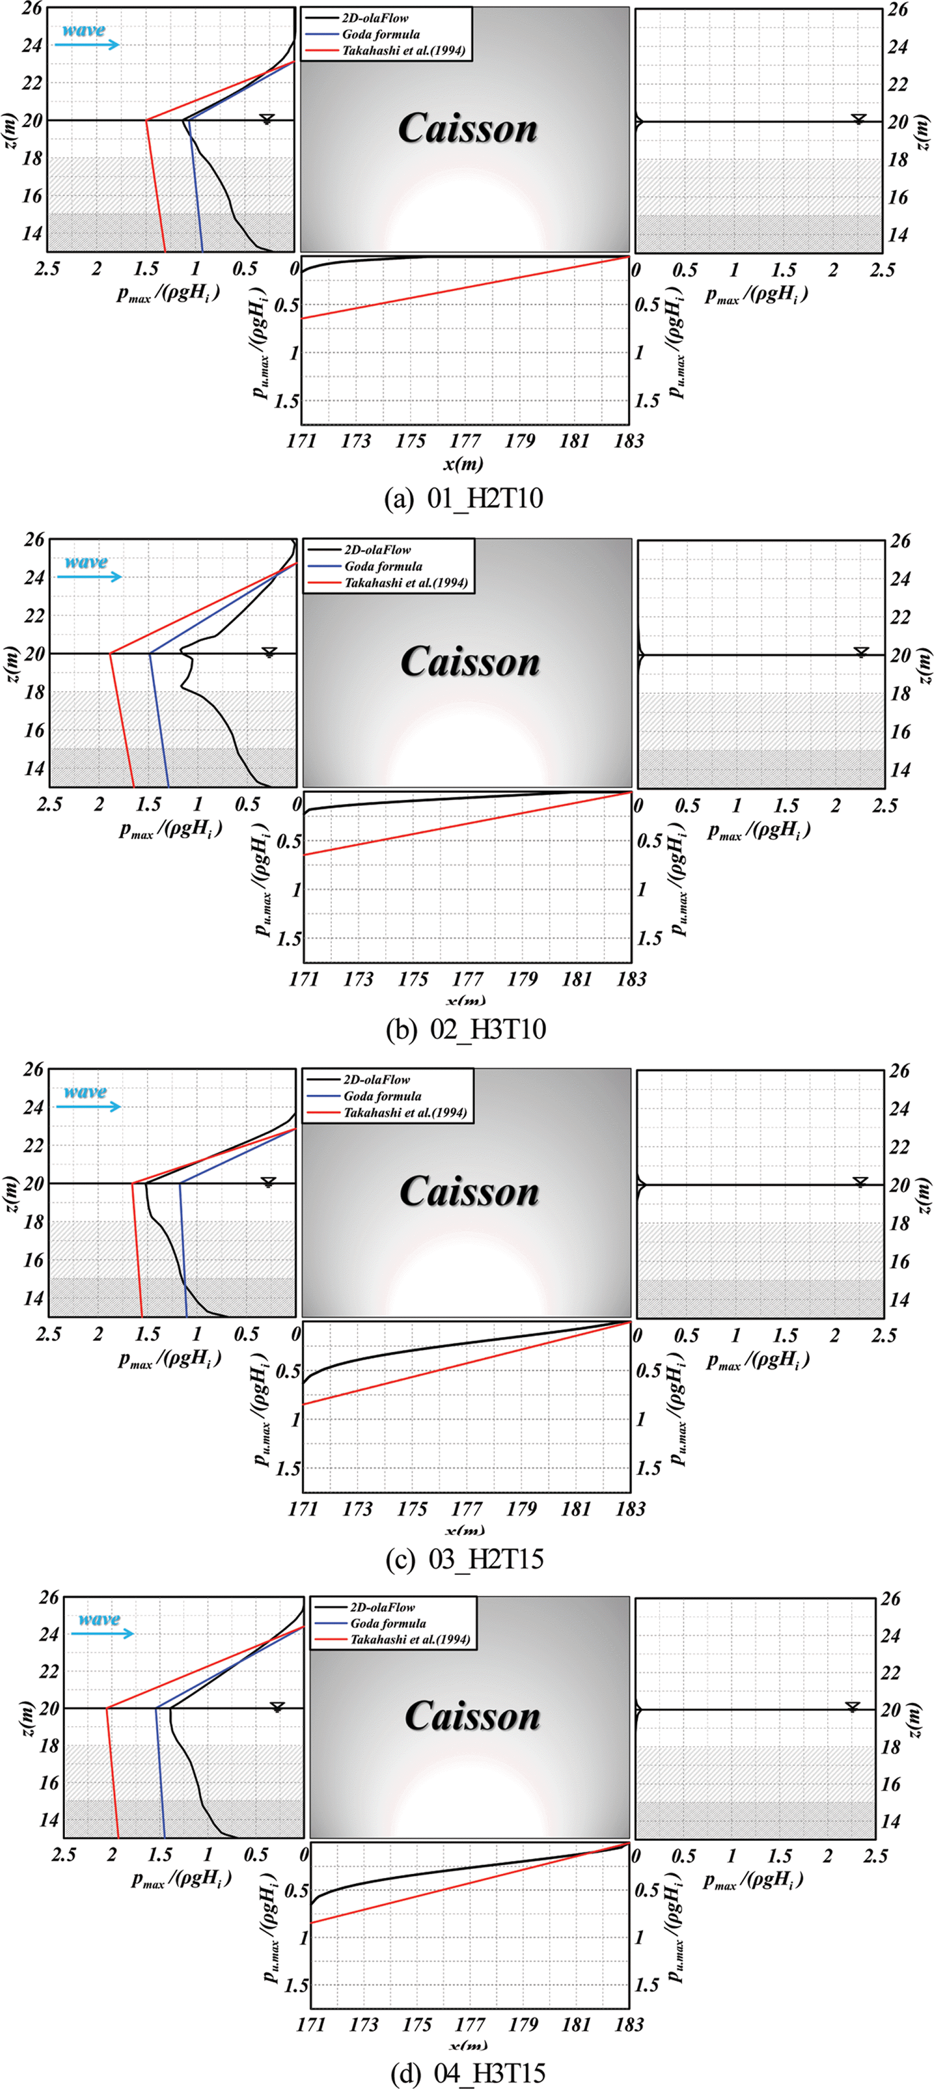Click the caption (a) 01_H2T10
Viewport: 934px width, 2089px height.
[x=463, y=498]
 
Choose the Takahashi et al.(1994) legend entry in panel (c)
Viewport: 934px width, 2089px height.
[x=405, y=1113]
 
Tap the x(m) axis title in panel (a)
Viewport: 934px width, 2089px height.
[x=463, y=464]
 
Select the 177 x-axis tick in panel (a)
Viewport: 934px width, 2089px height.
[x=465, y=441]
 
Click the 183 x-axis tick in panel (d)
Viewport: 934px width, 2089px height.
[x=629, y=2024]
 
